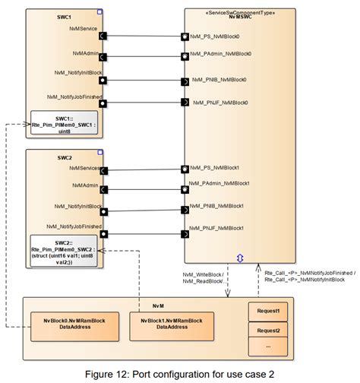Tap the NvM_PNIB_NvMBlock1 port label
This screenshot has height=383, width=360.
tap(219, 207)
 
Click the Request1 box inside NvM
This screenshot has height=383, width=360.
tap(268, 311)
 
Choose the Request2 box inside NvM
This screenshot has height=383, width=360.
tap(268, 331)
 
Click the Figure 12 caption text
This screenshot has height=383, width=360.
tap(180, 373)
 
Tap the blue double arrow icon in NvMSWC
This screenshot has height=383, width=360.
tap(241, 258)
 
